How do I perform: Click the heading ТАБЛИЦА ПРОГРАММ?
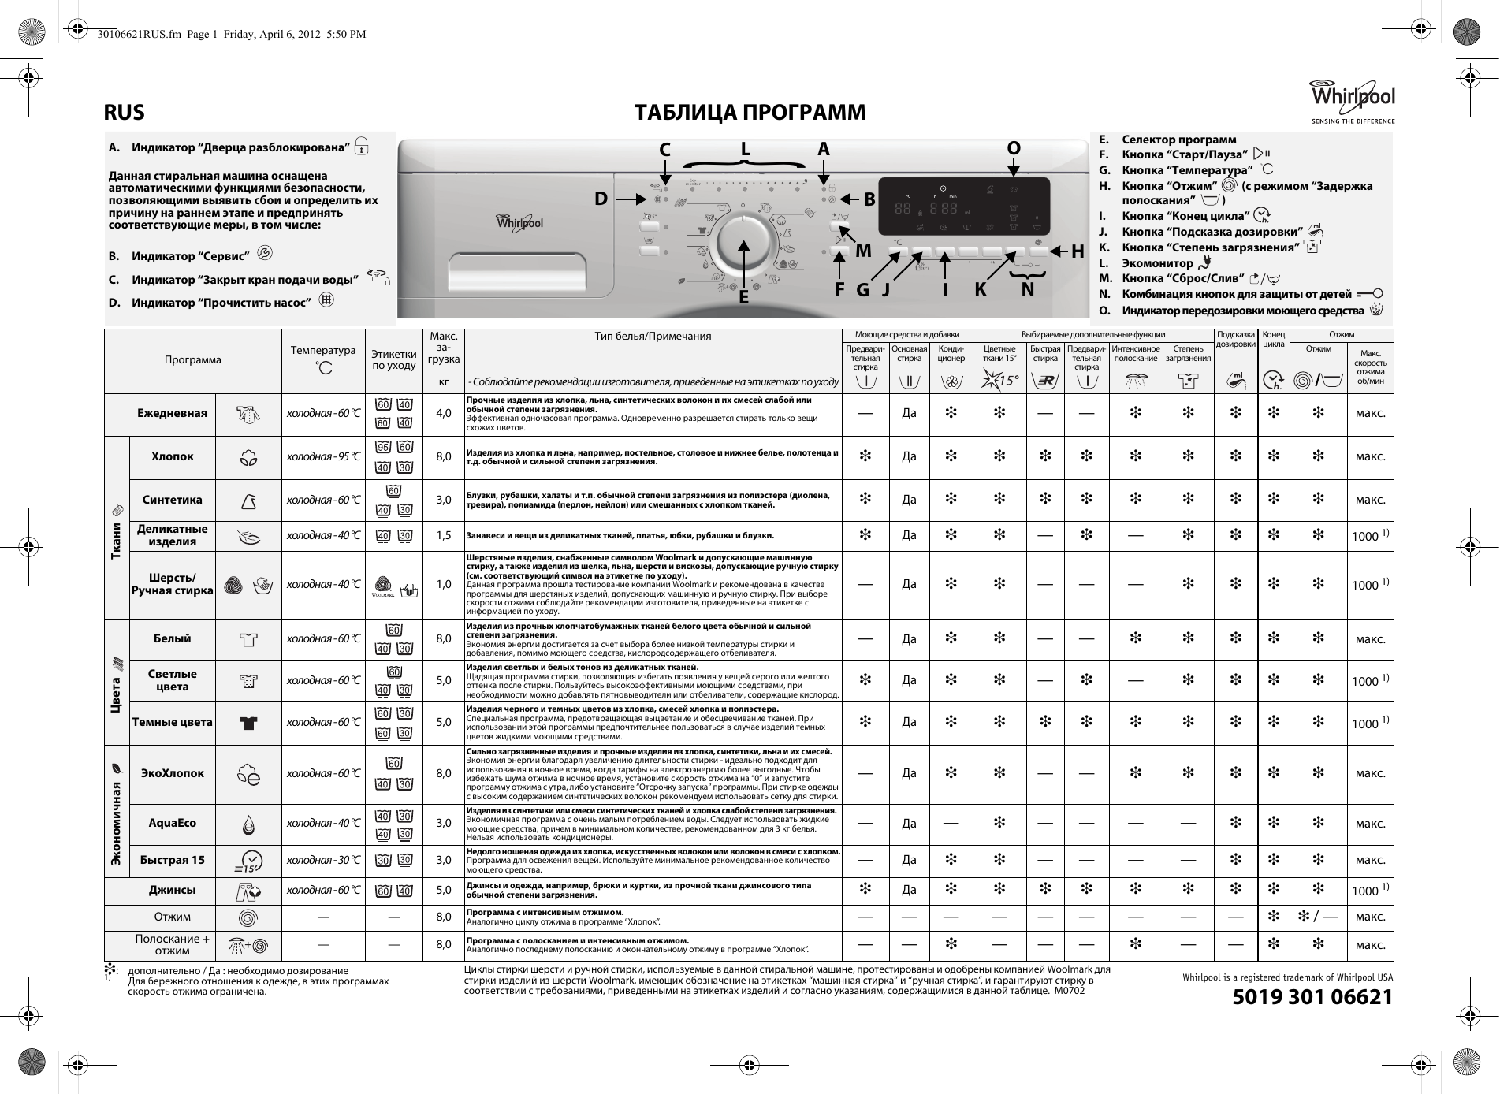750,113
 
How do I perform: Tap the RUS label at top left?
125,113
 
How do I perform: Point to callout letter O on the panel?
1014,148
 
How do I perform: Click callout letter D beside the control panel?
601,199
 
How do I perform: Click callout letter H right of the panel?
1078,251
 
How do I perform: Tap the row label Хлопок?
172,456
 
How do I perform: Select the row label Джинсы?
172,890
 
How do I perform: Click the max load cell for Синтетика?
444,500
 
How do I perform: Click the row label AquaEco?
172,823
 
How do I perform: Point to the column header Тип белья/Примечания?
653,336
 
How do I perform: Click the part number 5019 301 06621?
1312,997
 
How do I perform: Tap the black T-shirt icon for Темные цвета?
248,723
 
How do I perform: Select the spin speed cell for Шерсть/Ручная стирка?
1370,584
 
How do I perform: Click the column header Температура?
323,359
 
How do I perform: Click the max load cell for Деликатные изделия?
444,536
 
